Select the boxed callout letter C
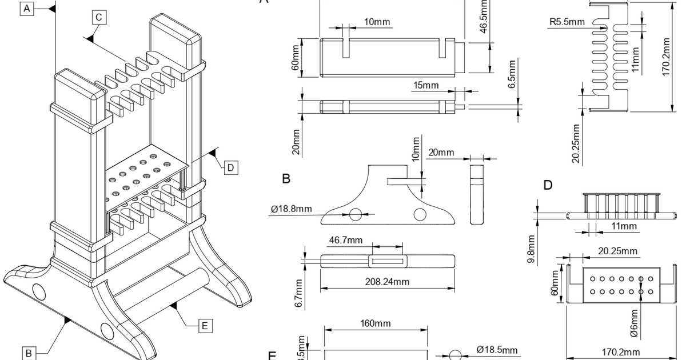98,18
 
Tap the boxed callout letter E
205,326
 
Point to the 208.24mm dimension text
387,281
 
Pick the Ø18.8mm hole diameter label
292,208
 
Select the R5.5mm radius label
567,22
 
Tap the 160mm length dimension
376,323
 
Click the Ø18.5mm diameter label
497,350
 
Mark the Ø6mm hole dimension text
634,323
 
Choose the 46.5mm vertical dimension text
484,17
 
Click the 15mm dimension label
426,85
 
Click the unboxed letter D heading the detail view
548,185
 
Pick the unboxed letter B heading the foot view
286,179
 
